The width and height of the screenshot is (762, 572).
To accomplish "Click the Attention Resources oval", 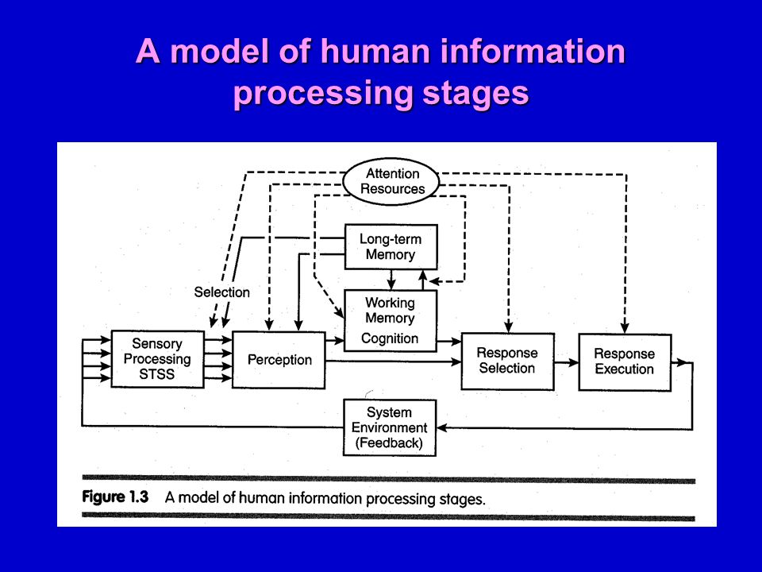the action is pyautogui.click(x=391, y=181).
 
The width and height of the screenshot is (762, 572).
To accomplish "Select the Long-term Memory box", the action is pyautogui.click(x=391, y=246).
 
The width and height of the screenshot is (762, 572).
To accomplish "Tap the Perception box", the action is pyautogui.click(x=279, y=360).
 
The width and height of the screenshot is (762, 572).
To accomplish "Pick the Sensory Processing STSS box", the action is pyautogui.click(x=157, y=359).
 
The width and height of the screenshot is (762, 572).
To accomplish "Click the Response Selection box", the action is pyautogui.click(x=507, y=361).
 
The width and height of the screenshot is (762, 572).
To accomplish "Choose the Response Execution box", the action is pyautogui.click(x=625, y=362).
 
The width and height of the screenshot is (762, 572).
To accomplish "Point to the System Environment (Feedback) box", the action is pyautogui.click(x=390, y=427).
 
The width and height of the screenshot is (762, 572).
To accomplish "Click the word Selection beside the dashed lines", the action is pyautogui.click(x=221, y=292).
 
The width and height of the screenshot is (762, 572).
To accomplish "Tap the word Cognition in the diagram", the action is pyautogui.click(x=390, y=338).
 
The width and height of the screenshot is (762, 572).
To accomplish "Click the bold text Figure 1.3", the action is pyautogui.click(x=115, y=497).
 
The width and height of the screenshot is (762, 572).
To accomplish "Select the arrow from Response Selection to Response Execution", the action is pyautogui.click(x=567, y=362).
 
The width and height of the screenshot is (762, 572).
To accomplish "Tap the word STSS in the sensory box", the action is pyautogui.click(x=156, y=374).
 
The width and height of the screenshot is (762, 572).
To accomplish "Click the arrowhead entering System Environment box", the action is pyautogui.click(x=442, y=428).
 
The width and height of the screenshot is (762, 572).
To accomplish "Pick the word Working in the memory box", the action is pyautogui.click(x=391, y=303).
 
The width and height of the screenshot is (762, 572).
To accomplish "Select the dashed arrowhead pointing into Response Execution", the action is pyautogui.click(x=625, y=327).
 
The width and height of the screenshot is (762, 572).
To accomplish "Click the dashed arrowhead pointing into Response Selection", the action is pyautogui.click(x=508, y=327).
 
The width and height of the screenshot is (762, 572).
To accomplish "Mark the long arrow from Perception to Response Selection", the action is pyautogui.click(x=393, y=361).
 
